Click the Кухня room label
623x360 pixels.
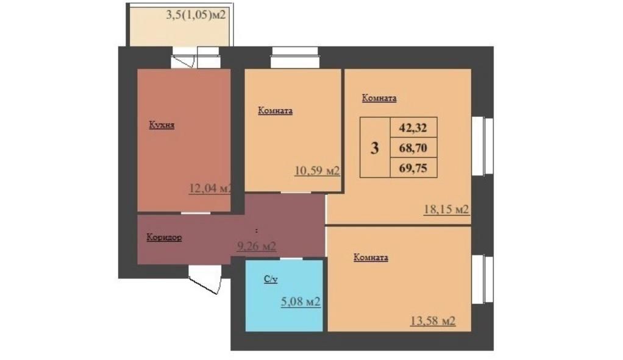point(162,125)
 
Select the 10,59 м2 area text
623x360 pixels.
point(316,171)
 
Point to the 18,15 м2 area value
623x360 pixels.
point(446,210)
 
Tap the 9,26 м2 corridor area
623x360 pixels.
point(256,246)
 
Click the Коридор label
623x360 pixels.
point(164,238)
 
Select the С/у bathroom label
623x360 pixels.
point(271,279)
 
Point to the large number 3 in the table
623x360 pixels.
point(375,147)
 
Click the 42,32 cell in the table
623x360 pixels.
point(413,128)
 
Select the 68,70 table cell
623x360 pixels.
point(413,147)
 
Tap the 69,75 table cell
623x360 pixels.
point(413,167)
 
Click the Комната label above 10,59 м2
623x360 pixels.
point(276,111)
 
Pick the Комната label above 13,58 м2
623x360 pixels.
point(371,258)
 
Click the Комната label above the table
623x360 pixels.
point(379,97)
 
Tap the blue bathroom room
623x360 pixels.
point(283,311)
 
